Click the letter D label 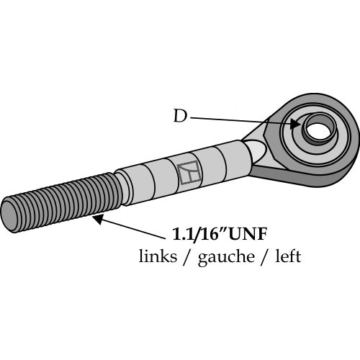180,116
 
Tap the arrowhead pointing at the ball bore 295,124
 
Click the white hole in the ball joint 319,130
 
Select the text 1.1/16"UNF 220,234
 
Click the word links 158,256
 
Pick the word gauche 226,257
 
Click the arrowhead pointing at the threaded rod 98,219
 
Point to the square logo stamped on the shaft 189,172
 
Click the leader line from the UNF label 132,229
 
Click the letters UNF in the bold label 248,234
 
